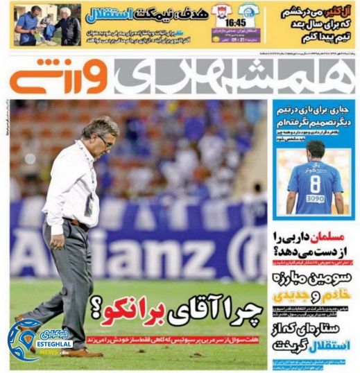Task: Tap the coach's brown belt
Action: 78,224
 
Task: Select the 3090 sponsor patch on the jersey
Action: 315,198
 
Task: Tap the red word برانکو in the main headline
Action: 124,315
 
